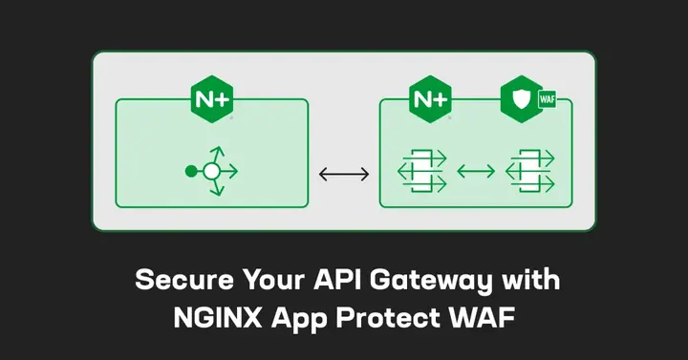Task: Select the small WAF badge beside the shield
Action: (x=548, y=98)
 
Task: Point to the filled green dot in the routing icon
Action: (x=190, y=172)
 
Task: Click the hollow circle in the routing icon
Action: (x=212, y=172)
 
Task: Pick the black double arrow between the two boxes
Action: (x=343, y=174)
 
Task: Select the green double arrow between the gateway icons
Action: (x=475, y=172)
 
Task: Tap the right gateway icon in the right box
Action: (x=528, y=172)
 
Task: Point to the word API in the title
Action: (x=326, y=281)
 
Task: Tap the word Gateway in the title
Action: (x=418, y=281)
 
